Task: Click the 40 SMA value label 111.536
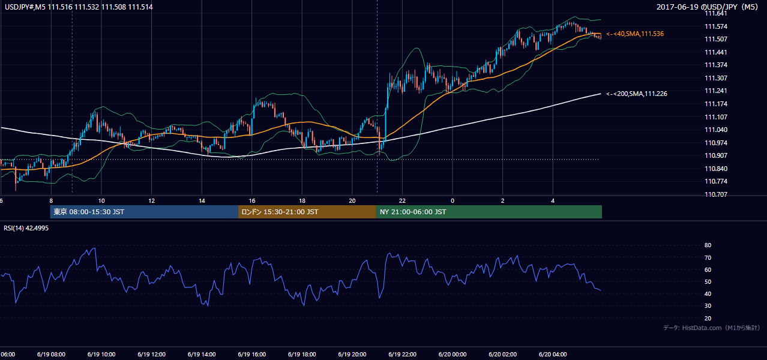[x=635, y=34]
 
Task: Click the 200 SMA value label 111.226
[x=637, y=94]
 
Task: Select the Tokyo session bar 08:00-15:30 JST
[x=144, y=212]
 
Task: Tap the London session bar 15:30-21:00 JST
[x=307, y=212]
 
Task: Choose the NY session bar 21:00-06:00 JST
[x=489, y=212]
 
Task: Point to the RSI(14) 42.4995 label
[x=26, y=228]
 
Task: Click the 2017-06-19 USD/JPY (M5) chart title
[x=707, y=7]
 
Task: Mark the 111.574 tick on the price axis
[x=715, y=26]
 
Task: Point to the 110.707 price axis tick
[x=715, y=194]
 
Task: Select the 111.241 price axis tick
[x=715, y=91]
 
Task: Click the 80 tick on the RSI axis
[x=708, y=245]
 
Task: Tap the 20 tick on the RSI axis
[x=708, y=318]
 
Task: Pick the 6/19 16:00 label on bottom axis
[x=251, y=354]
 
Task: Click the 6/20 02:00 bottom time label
[x=503, y=354]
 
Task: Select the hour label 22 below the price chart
[x=402, y=201]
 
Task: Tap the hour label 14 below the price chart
[x=202, y=201]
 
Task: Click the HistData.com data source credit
[x=712, y=328]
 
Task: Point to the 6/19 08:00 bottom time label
[x=51, y=354]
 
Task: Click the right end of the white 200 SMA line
[x=601, y=94]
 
